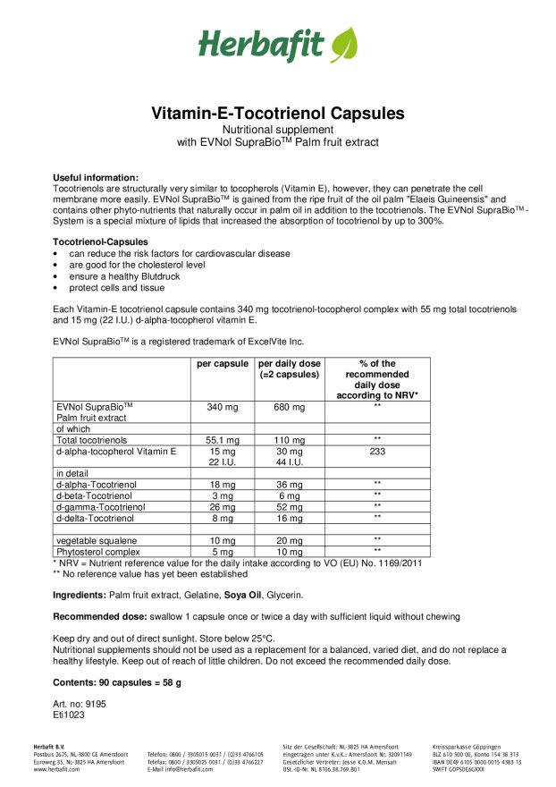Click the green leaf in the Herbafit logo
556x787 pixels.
point(343,45)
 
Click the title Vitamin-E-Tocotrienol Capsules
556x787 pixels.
point(277,114)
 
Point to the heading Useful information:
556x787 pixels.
point(96,178)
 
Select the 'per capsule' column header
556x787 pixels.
point(223,364)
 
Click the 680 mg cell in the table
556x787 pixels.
point(289,407)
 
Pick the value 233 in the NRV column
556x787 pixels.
point(377,451)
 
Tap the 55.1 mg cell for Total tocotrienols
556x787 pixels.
point(223,440)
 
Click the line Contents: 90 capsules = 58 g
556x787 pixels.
point(117,682)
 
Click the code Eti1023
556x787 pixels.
point(70,715)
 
